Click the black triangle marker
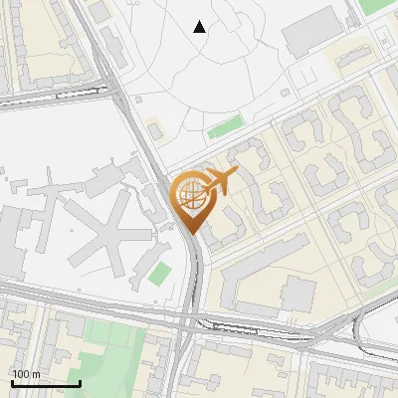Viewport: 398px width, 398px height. pyautogui.click(x=200, y=27)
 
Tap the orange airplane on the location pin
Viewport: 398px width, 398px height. pyautogui.click(x=219, y=182)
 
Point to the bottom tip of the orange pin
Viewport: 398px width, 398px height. pyautogui.click(x=191, y=234)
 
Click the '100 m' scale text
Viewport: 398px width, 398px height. pyautogui.click(x=26, y=374)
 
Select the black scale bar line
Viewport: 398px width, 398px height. pyautogui.click(x=46, y=383)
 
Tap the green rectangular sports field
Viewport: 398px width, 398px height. pyautogui.click(x=226, y=128)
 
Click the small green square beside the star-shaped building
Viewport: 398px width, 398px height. pyautogui.click(x=159, y=273)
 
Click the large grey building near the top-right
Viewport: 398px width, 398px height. pyautogui.click(x=312, y=35)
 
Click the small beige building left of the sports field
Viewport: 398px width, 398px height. pyautogui.click(x=155, y=130)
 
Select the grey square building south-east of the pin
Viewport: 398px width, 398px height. pyautogui.click(x=298, y=295)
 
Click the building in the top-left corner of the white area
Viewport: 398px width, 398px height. pyautogui.click(x=101, y=12)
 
